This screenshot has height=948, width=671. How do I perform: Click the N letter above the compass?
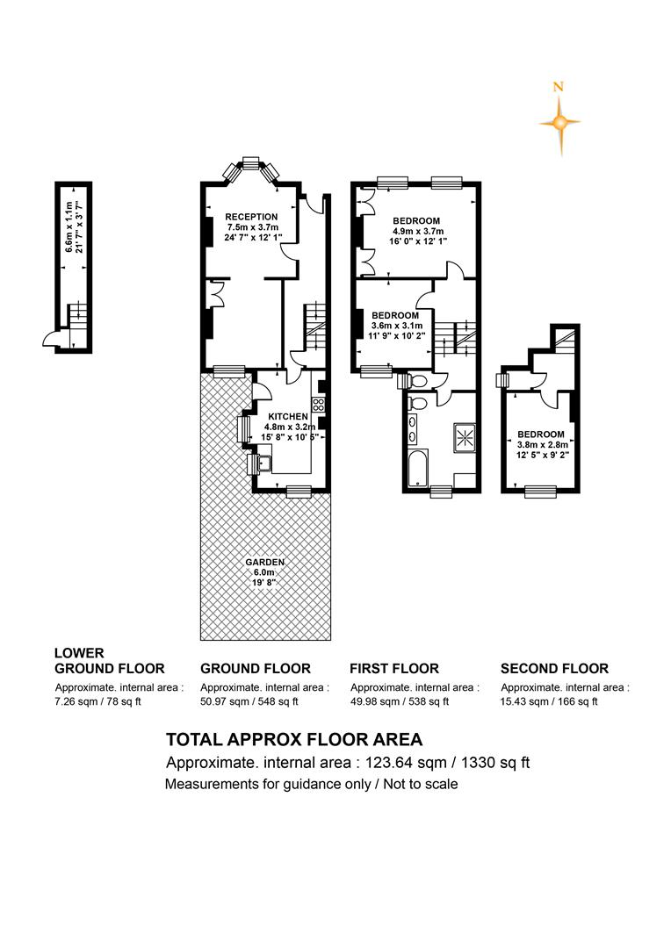(x=559, y=87)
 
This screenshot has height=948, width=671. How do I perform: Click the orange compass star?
(x=560, y=124)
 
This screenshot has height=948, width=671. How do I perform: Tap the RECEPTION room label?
(x=252, y=217)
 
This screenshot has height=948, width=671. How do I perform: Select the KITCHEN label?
(x=288, y=417)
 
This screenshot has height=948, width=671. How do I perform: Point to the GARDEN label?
(x=265, y=563)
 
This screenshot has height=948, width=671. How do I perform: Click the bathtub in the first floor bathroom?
(x=417, y=467)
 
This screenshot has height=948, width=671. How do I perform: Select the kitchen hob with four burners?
(x=318, y=405)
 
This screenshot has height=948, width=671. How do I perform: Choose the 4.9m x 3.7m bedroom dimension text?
(x=418, y=231)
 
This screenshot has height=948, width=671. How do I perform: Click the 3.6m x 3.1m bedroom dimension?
(x=397, y=326)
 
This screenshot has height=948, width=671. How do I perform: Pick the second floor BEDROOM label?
(x=541, y=434)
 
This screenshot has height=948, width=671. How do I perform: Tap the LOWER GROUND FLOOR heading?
(x=110, y=661)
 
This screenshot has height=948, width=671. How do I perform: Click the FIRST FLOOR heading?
(x=393, y=668)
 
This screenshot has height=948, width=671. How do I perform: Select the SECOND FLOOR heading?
(x=554, y=668)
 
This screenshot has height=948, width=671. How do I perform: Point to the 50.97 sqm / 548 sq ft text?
(x=249, y=702)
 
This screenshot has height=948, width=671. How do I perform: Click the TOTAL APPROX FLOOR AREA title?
(x=294, y=739)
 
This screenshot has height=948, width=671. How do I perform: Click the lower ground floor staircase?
(x=77, y=314)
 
